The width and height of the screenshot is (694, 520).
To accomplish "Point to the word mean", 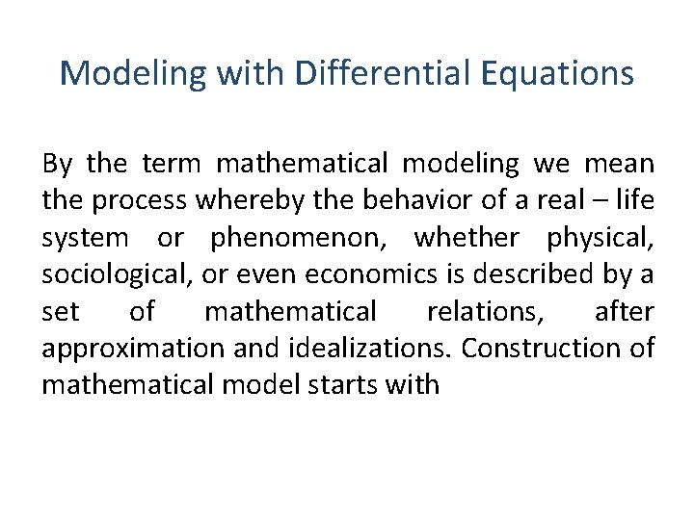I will click(619, 164).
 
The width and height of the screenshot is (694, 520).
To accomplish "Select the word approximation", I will click(122, 348).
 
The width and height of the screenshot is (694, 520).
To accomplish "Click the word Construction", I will click(542, 348).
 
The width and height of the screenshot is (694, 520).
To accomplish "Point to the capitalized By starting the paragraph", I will click(56, 164).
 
